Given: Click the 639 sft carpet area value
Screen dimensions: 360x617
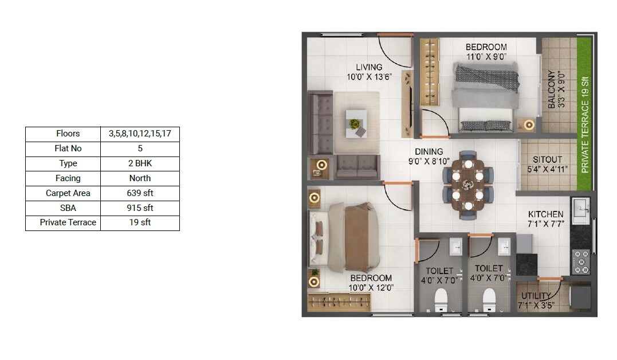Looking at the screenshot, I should (x=140, y=193).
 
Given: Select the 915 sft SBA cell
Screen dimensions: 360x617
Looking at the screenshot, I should (x=140, y=208).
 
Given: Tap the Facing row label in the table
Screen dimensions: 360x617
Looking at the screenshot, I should (x=68, y=178).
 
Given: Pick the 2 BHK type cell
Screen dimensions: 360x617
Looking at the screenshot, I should (x=140, y=163).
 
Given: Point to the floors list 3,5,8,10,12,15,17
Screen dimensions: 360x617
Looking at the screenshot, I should (x=140, y=134).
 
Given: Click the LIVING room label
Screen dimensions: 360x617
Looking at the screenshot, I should (x=368, y=67).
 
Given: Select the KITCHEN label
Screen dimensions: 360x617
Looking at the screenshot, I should (x=545, y=214).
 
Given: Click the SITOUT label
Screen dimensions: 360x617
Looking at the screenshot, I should (x=547, y=159).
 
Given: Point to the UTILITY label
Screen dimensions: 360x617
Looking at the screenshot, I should (x=536, y=296).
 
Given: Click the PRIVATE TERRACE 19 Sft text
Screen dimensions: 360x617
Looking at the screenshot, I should (x=585, y=125).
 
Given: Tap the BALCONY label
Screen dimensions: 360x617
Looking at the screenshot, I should (x=551, y=89).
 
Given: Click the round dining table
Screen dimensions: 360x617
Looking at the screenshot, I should (x=467, y=185).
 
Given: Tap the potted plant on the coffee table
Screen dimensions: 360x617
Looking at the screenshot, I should (x=355, y=123).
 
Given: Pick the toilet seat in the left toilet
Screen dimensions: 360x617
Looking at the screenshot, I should (x=441, y=299).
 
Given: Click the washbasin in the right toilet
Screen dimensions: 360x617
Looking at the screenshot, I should (x=504, y=247).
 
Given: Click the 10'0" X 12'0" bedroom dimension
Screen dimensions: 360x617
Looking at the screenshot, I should (x=372, y=287).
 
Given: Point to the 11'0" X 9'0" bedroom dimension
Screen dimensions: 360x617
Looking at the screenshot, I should (x=486, y=56).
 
